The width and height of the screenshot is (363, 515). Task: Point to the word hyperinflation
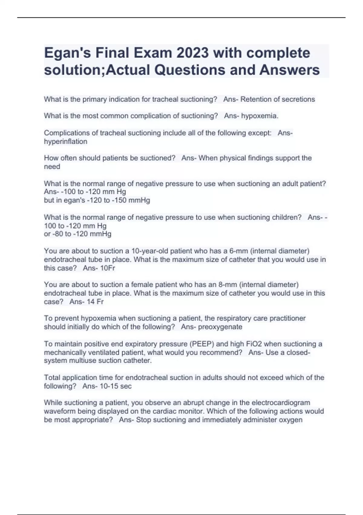click(65, 141)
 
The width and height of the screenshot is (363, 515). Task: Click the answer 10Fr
click(107, 268)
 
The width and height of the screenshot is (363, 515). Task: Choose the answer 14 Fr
click(95, 302)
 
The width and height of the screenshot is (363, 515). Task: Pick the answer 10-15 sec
click(116, 386)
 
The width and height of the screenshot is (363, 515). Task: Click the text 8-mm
click(227, 284)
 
